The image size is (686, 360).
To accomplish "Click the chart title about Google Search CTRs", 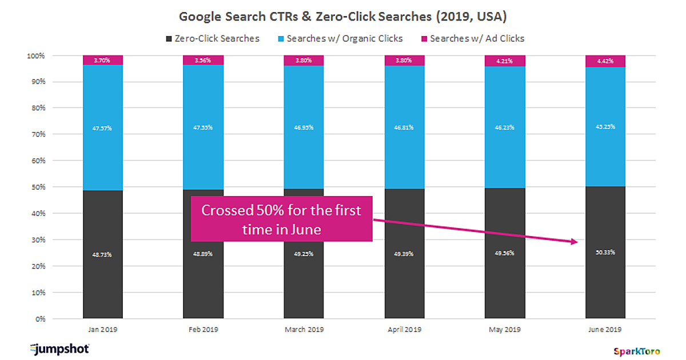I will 343,17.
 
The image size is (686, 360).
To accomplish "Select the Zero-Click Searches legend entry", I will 212,39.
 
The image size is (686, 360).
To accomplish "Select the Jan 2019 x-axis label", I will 102,330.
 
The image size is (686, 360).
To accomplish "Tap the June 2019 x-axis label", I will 605,330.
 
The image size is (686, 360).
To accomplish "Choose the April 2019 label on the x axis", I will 404,330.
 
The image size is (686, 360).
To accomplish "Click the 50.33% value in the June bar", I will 605,252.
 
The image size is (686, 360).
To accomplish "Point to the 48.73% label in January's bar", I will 103,254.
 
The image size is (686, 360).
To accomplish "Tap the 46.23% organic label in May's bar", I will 505,128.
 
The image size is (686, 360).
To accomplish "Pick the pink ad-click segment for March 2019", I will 304,61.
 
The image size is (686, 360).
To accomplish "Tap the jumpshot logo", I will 59,348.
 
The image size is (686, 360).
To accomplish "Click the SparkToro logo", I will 634,351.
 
